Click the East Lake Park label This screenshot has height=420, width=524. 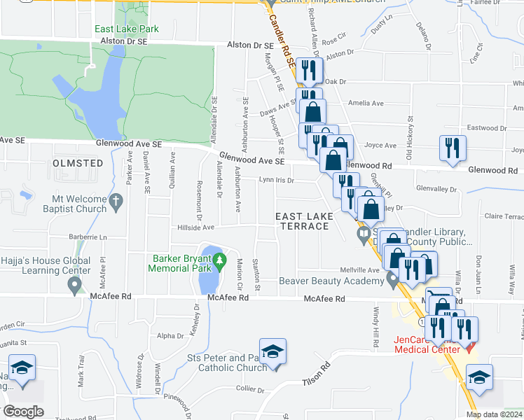pos(127,29)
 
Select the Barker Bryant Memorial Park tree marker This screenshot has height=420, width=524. pos(220,262)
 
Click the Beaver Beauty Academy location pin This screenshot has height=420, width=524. pos(392,281)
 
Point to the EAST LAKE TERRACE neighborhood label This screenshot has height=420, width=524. pos(303,220)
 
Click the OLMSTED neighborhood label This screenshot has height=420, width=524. pos(78,163)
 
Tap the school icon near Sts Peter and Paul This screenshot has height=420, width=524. pos(273,352)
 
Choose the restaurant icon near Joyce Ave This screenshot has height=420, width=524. pos(452,148)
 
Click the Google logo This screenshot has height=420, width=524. pos(23,411)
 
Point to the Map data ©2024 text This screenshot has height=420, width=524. pos(493,414)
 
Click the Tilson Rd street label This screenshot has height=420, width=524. pos(316,377)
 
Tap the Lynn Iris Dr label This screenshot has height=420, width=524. pos(276,180)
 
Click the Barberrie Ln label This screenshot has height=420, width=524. pos(88,237)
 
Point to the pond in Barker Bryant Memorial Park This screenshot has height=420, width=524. pos(208,271)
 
